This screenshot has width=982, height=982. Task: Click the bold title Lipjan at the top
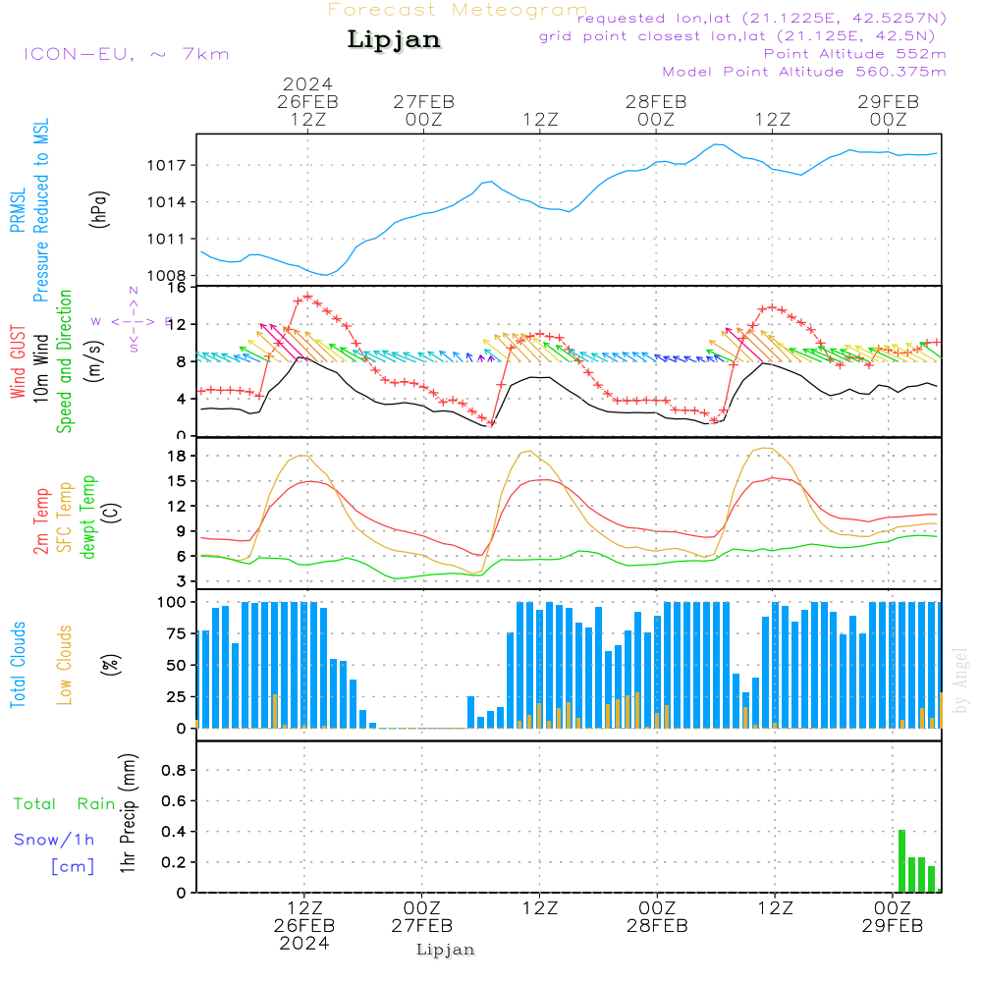click(394, 40)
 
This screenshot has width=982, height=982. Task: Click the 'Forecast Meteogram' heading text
click(458, 10)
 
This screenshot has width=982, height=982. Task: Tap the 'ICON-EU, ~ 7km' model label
click(126, 53)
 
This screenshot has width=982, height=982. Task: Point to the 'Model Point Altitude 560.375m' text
click(803, 71)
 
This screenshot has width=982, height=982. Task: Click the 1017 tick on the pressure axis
click(170, 165)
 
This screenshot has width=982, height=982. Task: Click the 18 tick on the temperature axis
click(178, 456)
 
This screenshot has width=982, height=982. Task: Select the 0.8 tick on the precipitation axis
click(174, 771)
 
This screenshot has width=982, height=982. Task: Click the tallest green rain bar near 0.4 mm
click(901, 860)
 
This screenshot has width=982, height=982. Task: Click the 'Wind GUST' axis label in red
click(19, 362)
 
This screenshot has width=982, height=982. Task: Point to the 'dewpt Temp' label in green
click(88, 518)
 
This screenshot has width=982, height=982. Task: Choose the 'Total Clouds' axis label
click(19, 665)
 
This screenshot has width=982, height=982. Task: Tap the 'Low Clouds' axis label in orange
click(65, 665)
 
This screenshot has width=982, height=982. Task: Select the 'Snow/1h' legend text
click(54, 840)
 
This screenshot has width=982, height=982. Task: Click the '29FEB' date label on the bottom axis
click(891, 926)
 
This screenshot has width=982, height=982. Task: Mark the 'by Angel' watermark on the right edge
click(961, 681)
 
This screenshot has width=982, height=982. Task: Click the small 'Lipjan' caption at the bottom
click(445, 950)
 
